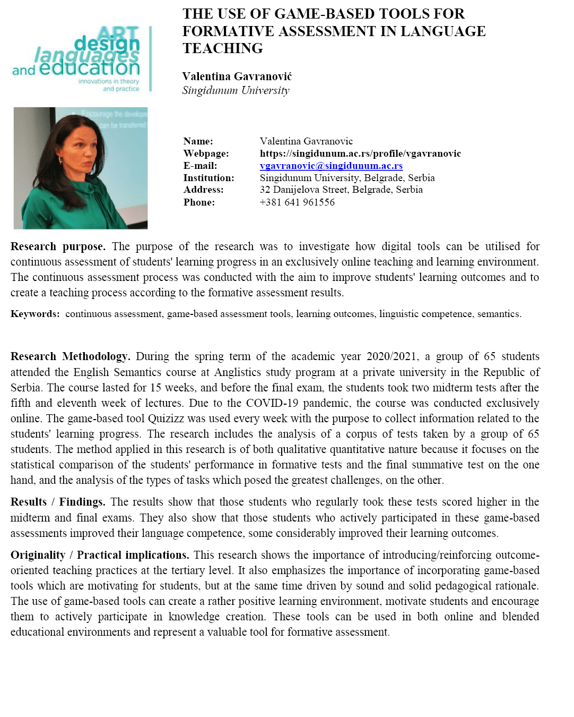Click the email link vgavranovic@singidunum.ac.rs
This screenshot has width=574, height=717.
(331, 166)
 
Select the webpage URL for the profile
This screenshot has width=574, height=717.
(360, 153)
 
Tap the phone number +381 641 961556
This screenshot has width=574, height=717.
(297, 202)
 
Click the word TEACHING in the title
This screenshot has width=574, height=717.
(223, 48)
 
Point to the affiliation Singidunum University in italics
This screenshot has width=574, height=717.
(236, 90)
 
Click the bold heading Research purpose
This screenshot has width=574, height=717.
(58, 246)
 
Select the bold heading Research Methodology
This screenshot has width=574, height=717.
(70, 356)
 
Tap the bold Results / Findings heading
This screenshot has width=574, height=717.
(58, 502)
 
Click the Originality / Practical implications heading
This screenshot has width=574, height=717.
(100, 555)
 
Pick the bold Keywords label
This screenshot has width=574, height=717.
(35, 314)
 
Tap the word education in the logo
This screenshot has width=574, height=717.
(90, 68)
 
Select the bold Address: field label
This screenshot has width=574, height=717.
(204, 190)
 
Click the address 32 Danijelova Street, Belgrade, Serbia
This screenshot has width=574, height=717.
(341, 190)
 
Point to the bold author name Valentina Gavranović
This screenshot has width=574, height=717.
(237, 76)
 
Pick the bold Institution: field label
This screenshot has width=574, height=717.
(208, 178)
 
